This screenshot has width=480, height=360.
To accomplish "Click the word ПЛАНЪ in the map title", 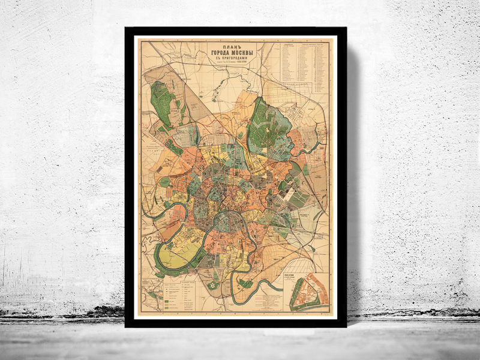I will click(x=218, y=46).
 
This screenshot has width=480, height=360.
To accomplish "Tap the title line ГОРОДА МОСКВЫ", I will click(x=218, y=54).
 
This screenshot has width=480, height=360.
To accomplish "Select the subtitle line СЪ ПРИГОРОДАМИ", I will click(x=218, y=61).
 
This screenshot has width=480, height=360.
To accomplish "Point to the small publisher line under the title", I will click(x=218, y=68).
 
